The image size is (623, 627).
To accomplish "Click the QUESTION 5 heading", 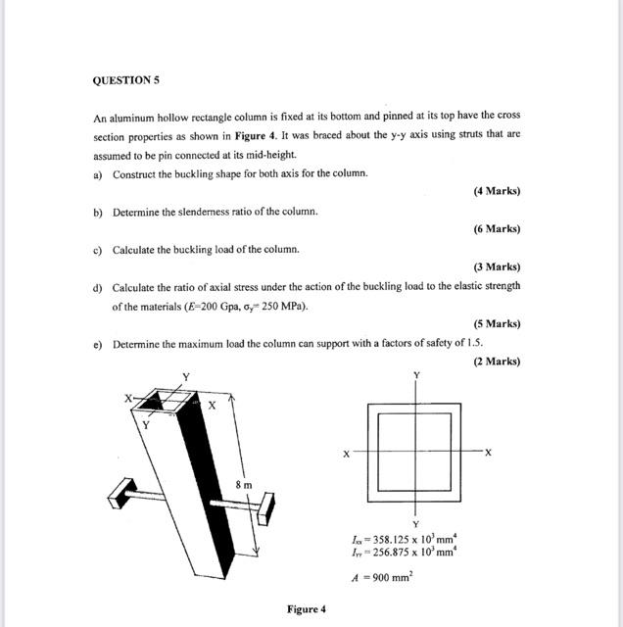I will click(126, 79).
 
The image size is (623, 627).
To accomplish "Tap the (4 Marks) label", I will click(497, 191).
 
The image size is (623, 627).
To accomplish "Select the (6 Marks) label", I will click(497, 228).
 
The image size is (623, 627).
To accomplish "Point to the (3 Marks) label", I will click(497, 266).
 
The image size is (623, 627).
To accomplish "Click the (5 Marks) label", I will click(497, 323).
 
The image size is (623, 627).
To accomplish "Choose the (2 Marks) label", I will click(497, 362).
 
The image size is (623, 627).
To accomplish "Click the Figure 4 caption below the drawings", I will click(306, 609).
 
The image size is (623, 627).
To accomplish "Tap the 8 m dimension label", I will click(242, 484).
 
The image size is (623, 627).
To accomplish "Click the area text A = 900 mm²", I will click(382, 578).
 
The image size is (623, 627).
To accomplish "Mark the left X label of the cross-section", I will click(346, 454).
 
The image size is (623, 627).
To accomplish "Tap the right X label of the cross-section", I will click(488, 453).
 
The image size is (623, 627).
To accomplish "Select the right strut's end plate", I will click(266, 510).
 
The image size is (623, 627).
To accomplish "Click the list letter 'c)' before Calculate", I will click(98, 249).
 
